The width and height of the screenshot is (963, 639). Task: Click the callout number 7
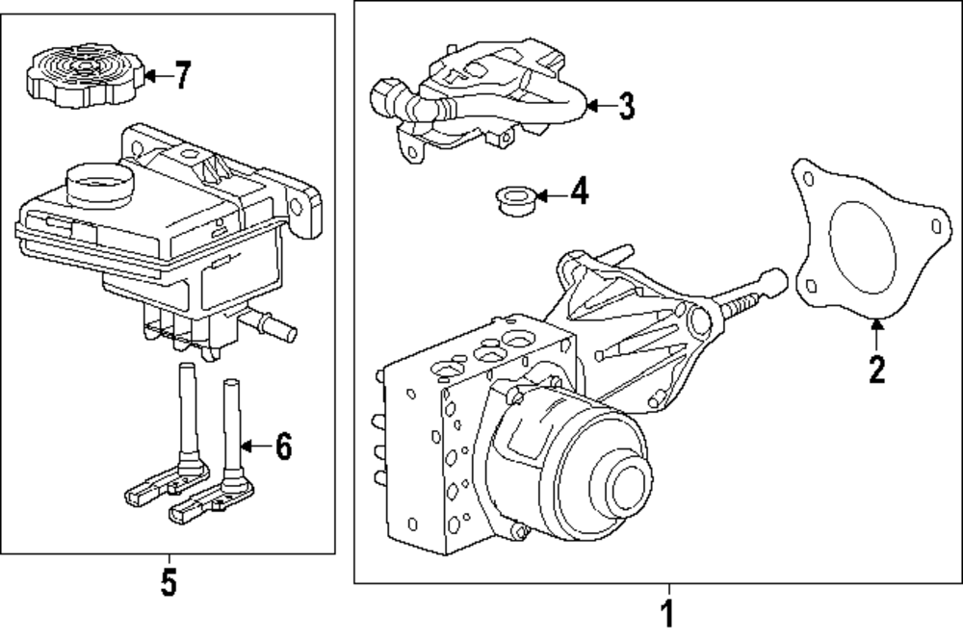tap(183, 75)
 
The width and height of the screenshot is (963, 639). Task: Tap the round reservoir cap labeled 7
tap(85, 75)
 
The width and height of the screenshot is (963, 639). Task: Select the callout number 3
tap(626, 106)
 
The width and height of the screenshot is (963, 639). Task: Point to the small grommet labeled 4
tap(514, 201)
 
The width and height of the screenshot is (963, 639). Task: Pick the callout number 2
tap(877, 369)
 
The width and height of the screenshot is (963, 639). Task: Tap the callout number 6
tap(283, 447)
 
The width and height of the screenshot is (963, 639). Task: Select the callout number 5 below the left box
tap(169, 581)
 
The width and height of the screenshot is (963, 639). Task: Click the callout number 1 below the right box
tap(667, 613)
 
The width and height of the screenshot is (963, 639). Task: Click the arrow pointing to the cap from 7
tap(159, 76)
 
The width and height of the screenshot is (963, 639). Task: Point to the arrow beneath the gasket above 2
tap(877, 335)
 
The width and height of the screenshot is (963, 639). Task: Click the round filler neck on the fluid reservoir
tap(99, 184)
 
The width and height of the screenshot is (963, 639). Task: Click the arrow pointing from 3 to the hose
tap(601, 106)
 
